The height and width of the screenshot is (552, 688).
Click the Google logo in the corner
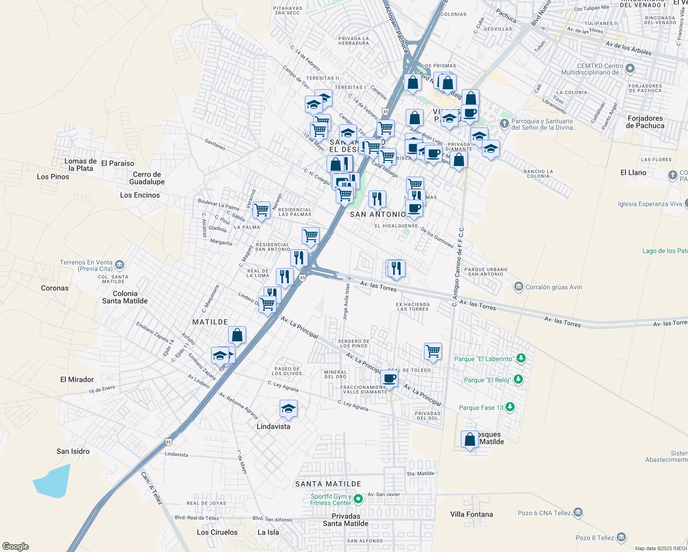click(16, 546)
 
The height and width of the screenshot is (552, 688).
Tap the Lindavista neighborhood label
click(273, 426)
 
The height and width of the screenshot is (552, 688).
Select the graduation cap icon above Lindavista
click(288, 408)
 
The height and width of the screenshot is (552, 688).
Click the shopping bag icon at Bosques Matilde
click(470, 439)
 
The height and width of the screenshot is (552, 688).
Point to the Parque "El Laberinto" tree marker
click(521, 358)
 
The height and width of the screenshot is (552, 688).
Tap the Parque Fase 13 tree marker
click(510, 407)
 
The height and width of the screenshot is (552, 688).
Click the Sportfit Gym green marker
click(358, 499)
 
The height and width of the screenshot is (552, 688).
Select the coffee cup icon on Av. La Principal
click(389, 379)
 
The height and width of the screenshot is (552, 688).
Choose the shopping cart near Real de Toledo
click(433, 351)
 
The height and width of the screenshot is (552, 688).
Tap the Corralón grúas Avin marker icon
click(519, 287)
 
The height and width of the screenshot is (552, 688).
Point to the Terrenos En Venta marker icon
click(120, 264)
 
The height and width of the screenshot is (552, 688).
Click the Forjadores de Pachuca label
click(645, 122)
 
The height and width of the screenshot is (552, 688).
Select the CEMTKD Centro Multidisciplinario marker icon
click(630, 69)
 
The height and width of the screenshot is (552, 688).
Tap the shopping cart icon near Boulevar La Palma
click(261, 210)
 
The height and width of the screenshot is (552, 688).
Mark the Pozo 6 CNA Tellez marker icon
click(578, 512)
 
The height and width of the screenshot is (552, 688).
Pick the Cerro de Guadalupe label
click(147, 178)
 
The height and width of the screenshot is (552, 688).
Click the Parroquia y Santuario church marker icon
click(504, 124)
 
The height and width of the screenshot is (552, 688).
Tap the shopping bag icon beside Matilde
click(237, 335)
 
